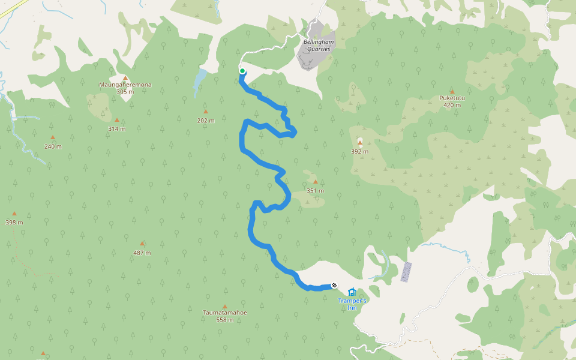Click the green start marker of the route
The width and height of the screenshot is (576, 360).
pyautogui.click(x=242, y=71)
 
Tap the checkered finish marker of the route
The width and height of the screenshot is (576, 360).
pyautogui.click(x=334, y=286)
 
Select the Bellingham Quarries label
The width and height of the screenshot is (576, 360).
pyautogui.click(x=316, y=45)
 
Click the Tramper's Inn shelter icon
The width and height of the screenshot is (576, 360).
pyautogui.click(x=352, y=292)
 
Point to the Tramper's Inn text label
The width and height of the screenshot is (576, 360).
pyautogui.click(x=352, y=304)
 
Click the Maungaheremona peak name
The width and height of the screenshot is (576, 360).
pyautogui.click(x=125, y=85)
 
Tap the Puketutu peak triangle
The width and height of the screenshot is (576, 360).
pyautogui.click(x=452, y=91)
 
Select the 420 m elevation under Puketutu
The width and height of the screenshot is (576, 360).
pyautogui.click(x=452, y=105)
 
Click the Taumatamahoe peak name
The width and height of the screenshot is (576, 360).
pyautogui.click(x=225, y=313)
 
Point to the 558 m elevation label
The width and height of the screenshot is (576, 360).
pyautogui.click(x=225, y=320)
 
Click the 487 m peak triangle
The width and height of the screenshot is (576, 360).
pyautogui.click(x=142, y=244)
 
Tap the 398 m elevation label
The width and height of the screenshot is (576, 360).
pyautogui.click(x=14, y=223)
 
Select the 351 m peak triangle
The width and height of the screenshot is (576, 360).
pyautogui.click(x=315, y=182)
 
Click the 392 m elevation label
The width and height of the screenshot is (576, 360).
pyautogui.click(x=359, y=152)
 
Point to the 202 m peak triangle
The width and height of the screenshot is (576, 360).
pyautogui.click(x=206, y=112)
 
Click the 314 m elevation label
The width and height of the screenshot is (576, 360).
pyautogui.click(x=117, y=129)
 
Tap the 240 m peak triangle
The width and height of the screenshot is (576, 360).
pyautogui.click(x=53, y=137)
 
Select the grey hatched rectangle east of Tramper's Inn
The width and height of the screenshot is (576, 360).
pyautogui.click(x=406, y=272)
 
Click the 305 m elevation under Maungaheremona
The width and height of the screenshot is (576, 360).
pyautogui.click(x=125, y=92)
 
